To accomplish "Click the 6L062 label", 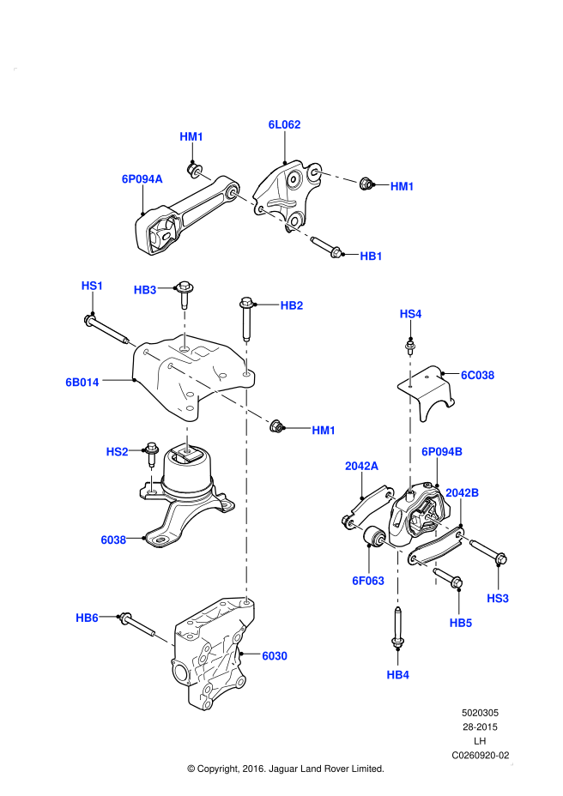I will [284, 124].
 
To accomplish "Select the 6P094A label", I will [142, 179].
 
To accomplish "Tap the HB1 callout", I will [371, 256].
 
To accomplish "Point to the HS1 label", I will [92, 286].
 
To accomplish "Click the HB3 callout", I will [145, 290].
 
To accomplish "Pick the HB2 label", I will [292, 305].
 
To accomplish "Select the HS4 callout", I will [410, 314].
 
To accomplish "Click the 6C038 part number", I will [477, 375].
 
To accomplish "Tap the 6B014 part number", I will [82, 383].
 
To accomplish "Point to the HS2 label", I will [117, 452].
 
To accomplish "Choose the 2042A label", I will [361, 466].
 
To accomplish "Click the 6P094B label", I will [442, 452].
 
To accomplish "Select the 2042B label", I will [462, 493].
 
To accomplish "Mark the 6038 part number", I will [113, 540].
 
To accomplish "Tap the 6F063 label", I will [368, 581].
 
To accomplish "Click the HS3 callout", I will [498, 599].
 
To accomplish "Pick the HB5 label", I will [461, 624].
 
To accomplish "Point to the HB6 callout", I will [87, 618].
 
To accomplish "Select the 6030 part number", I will [275, 656].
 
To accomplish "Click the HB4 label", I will [397, 675].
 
